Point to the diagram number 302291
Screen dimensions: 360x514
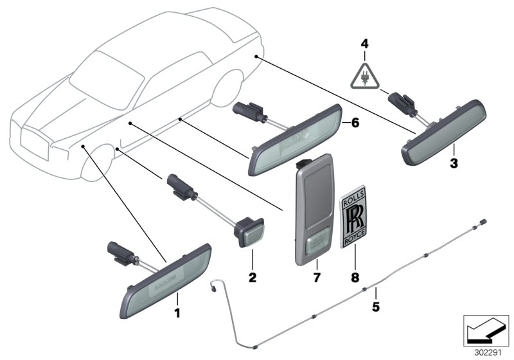click(486, 352)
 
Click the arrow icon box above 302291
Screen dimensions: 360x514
click(486, 331)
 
